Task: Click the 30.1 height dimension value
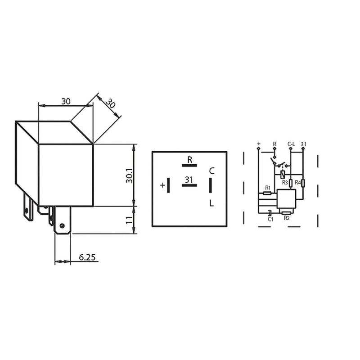point(129,175)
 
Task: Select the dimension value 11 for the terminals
point(129,220)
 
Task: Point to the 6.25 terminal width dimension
point(87,257)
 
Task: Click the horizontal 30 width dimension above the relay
point(66,101)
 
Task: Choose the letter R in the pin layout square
point(189,159)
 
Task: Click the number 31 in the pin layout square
point(189,180)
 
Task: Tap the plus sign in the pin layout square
point(162,185)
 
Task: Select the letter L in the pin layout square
point(211,203)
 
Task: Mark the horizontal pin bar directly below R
point(189,166)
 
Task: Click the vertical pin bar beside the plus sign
point(169,185)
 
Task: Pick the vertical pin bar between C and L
point(210,185)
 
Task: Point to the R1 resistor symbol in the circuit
point(267,193)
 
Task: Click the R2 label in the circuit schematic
point(287,218)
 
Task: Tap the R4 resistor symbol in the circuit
point(303,183)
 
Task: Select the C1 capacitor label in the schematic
point(270,219)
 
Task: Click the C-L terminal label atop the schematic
point(291,144)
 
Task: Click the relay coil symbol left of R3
point(282,174)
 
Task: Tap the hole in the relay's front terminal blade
point(62,225)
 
